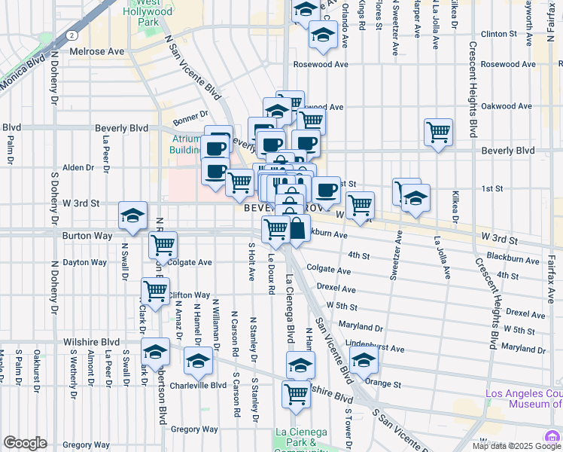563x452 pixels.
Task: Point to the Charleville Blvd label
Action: (198, 385)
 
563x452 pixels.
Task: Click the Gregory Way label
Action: (173, 429)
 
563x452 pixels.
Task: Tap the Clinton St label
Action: (503, 34)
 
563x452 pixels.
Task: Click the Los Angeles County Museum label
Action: (524, 399)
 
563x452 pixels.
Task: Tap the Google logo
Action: (26, 443)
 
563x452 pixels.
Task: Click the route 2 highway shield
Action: (70, 35)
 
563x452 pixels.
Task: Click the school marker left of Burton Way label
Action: (133, 216)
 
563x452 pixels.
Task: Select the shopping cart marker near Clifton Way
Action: (155, 291)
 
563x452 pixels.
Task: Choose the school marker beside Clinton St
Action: (323, 35)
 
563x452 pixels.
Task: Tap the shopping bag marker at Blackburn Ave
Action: (297, 228)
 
